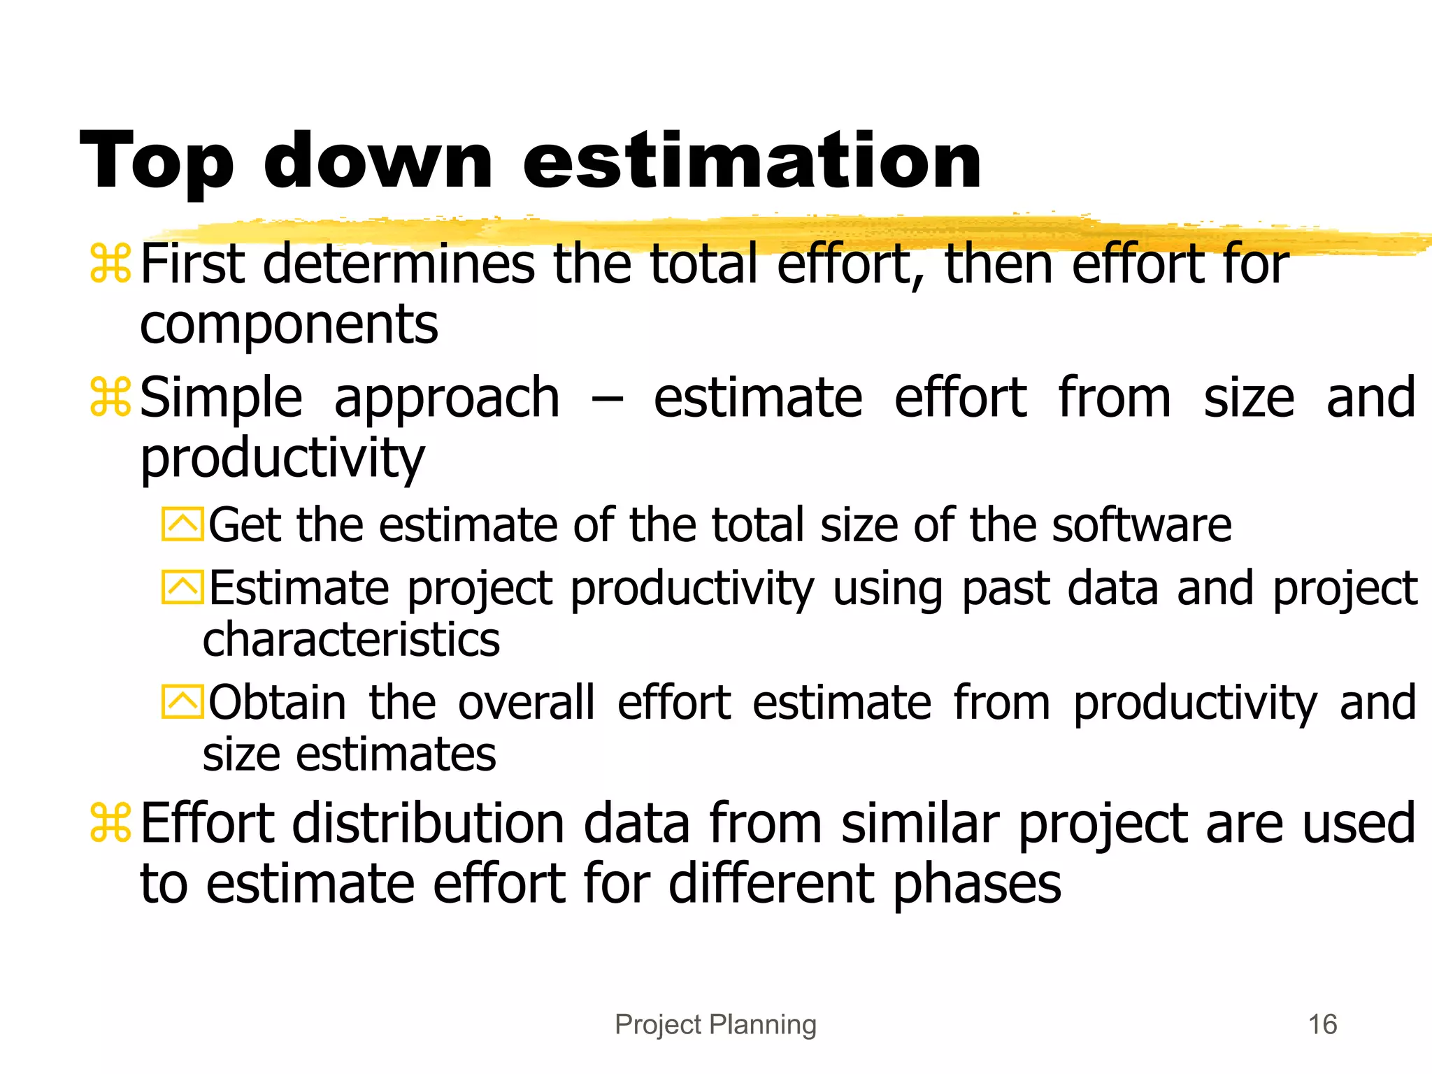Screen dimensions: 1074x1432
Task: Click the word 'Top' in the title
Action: click(157, 162)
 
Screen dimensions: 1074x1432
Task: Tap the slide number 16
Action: click(1322, 1024)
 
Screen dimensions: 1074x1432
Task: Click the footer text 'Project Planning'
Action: click(715, 1024)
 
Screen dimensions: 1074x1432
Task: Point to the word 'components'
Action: click(289, 326)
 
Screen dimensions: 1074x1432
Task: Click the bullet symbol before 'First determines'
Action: click(110, 264)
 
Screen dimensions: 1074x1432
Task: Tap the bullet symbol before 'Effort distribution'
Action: click(110, 823)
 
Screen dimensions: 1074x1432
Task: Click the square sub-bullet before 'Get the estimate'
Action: click(182, 525)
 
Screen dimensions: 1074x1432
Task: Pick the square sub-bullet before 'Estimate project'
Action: click(182, 587)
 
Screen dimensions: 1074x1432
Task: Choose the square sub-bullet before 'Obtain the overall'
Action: click(182, 701)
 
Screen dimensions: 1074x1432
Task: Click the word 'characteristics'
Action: click(351, 640)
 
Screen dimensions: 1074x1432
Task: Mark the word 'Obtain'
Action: click(278, 702)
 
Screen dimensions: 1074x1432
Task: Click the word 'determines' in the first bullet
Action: click(399, 264)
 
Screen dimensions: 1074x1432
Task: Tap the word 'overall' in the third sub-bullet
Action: click(527, 702)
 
